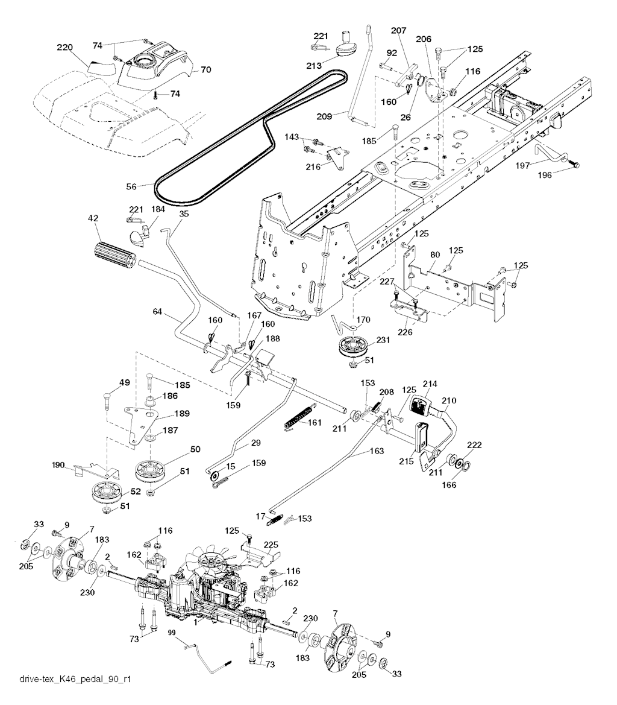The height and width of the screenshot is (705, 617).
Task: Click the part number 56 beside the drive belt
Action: (x=131, y=186)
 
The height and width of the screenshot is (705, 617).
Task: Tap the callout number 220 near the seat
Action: (x=64, y=47)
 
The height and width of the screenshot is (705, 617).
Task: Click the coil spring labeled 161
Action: (x=298, y=418)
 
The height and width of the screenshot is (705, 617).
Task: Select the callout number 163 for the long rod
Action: (x=377, y=451)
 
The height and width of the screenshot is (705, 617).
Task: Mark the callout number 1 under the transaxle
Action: (x=195, y=623)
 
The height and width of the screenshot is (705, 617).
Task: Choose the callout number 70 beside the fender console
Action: (x=205, y=70)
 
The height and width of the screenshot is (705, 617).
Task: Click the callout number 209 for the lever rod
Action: (x=324, y=116)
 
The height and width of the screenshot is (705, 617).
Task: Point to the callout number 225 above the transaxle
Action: (x=271, y=545)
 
